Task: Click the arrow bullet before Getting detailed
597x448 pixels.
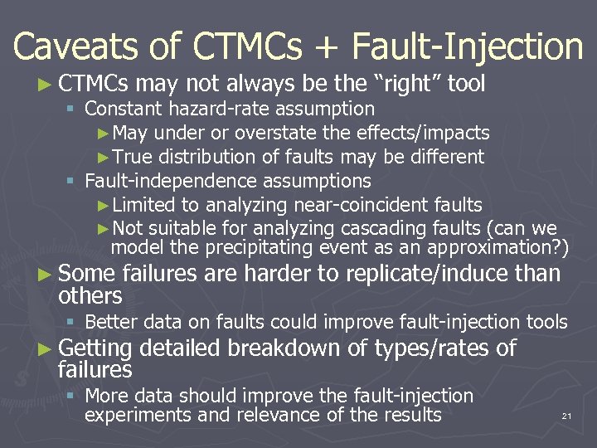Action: click(46, 348)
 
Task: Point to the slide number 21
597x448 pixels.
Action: click(566, 415)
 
